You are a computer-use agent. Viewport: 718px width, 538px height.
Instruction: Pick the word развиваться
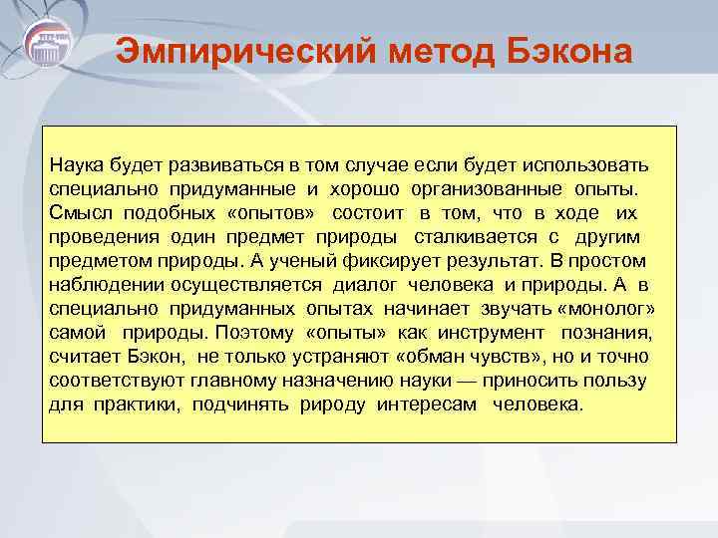coord(215,164)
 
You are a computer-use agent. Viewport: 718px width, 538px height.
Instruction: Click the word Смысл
coord(81,212)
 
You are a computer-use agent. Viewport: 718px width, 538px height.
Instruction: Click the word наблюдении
coord(101,284)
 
